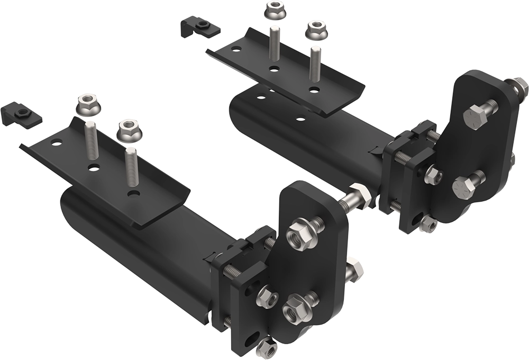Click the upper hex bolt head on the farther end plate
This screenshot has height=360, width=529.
coord(475,116)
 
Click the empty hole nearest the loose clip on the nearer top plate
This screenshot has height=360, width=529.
coord(57,143)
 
